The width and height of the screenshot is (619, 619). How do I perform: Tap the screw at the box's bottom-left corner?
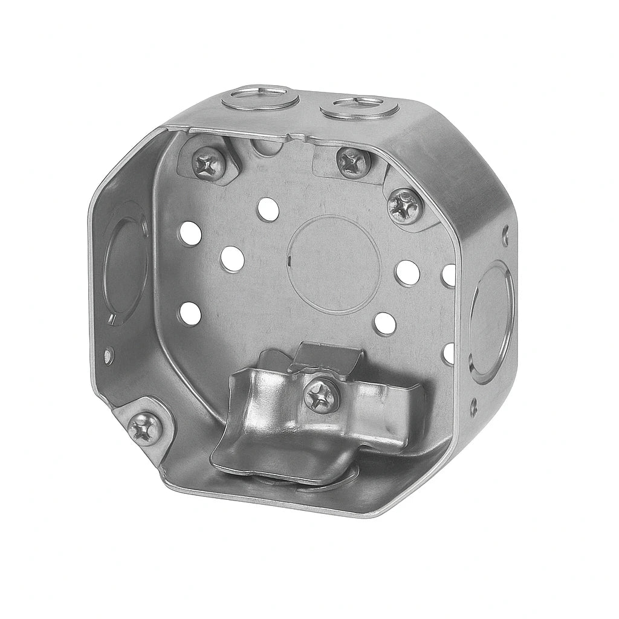click(x=146, y=429)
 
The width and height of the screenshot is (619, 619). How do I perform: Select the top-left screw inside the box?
click(x=209, y=163)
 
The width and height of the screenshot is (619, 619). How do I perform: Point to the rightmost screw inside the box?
click(x=404, y=206)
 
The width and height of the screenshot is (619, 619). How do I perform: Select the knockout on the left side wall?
click(x=123, y=265)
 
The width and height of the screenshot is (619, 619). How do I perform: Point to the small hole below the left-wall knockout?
click(x=108, y=355)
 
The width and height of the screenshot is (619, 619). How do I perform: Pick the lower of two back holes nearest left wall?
click(x=190, y=313)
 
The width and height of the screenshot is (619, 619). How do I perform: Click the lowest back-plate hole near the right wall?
click(x=449, y=352)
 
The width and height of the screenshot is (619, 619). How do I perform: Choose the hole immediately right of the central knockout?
click(x=408, y=273)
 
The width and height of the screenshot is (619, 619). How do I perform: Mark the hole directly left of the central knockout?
click(x=233, y=259)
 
